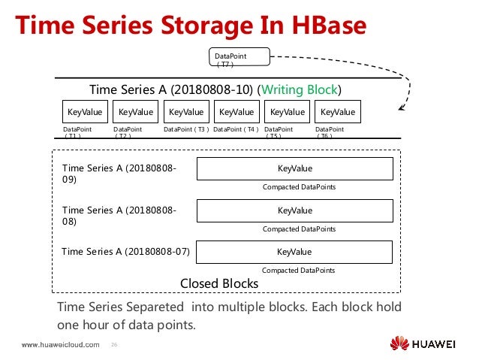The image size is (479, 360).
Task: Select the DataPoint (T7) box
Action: click(236, 59)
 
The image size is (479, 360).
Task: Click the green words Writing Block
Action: click(300, 90)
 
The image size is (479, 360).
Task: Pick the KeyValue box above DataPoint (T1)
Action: click(84, 112)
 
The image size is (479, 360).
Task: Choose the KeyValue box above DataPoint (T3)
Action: click(186, 112)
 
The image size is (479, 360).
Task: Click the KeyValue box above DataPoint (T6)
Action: click(338, 112)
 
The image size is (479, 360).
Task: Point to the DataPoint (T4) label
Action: click(236, 129)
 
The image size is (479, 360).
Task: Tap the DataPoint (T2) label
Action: click(128, 132)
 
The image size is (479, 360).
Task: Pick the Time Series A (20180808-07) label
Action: click(125, 251)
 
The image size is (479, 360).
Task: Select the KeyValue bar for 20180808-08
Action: click(295, 210)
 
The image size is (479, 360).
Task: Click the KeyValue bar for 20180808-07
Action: click(295, 252)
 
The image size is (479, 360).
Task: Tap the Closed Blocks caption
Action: click(219, 283)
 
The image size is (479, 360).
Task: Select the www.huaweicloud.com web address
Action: click(60, 345)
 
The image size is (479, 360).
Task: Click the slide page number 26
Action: click(115, 346)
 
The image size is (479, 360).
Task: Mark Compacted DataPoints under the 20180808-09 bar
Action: click(298, 187)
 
